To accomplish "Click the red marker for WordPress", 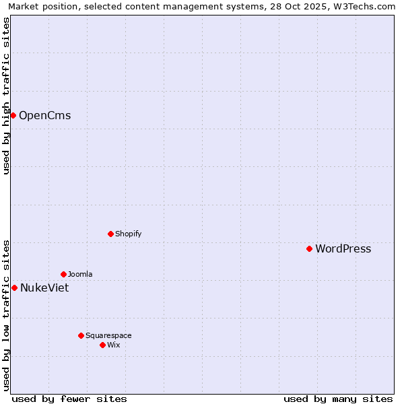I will pos(309,248).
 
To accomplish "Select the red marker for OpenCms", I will pos(13,115).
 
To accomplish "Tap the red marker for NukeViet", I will pos(14,288).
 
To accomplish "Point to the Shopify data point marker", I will pos(110,234).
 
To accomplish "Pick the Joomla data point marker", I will pos(63,274).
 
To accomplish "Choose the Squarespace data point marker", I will pos(81,335).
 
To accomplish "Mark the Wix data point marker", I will pos(102,345).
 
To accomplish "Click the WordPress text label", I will pos(343,249).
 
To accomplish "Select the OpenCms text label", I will pos(44,116).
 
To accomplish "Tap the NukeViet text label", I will pos(44,288).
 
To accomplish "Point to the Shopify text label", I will pos(128,234).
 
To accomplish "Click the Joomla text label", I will pos(80,275).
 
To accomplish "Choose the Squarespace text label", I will pos(108,336).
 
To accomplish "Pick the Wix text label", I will pos(114,345).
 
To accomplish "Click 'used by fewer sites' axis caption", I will pos(69,399).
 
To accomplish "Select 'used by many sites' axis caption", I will pos(338,399).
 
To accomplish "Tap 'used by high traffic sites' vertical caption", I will pos(6,96).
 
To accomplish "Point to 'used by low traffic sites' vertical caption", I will pos(6,314).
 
